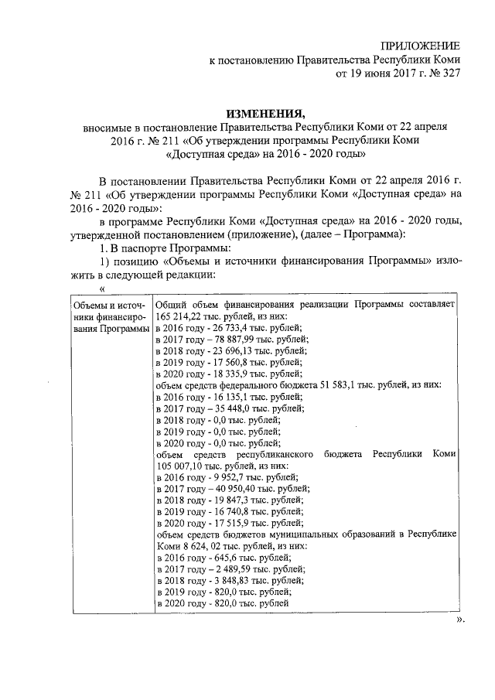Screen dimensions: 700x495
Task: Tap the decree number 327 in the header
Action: tap(450, 76)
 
